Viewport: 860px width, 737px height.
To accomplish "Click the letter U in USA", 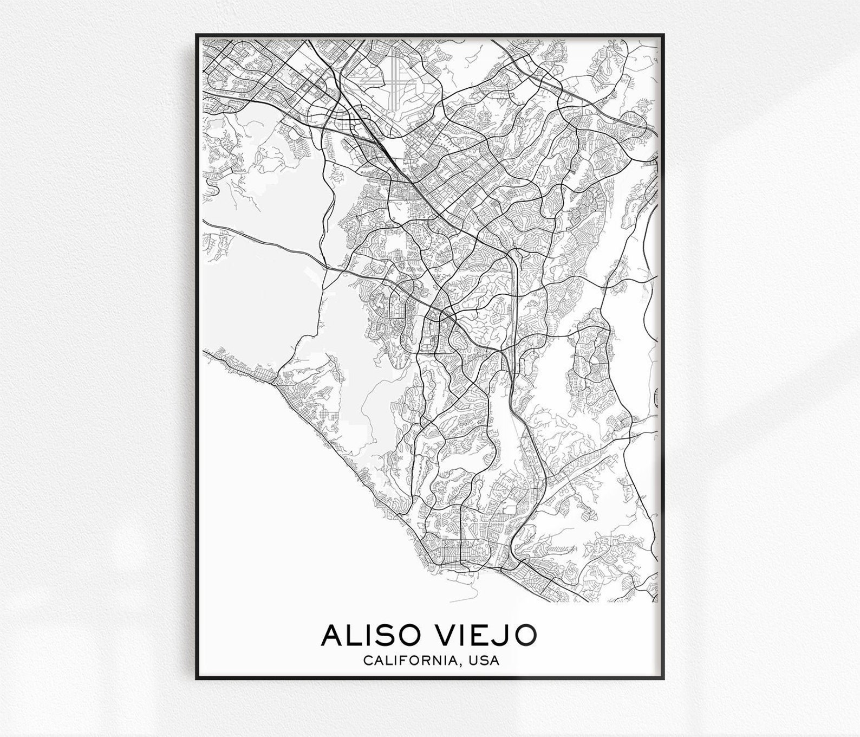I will [475, 661].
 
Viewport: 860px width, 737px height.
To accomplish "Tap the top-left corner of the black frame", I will [197, 35].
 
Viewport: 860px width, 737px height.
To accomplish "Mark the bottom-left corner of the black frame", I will [197, 679].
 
